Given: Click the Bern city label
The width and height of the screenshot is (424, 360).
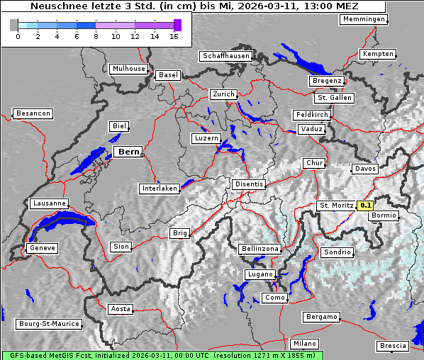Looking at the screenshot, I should click(128, 152).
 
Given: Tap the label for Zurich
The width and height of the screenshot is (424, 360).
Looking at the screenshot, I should click(223, 94).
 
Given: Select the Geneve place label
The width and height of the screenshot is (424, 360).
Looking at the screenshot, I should click(42, 248).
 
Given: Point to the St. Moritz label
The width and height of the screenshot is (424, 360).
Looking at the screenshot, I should click(337, 206).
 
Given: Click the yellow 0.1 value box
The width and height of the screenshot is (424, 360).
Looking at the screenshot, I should click(365, 206).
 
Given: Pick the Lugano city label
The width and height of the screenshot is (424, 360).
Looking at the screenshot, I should click(260, 274).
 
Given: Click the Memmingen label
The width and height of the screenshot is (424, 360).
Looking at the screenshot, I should click(364, 19).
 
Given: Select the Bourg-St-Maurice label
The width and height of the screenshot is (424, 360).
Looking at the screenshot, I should click(49, 324).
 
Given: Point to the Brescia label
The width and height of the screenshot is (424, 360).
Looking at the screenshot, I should click(393, 346).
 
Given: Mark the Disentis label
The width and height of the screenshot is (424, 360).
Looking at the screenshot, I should click(249, 184).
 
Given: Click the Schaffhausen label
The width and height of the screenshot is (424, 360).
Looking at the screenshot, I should click(226, 56).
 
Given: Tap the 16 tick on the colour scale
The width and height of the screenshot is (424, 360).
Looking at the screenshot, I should click(174, 35).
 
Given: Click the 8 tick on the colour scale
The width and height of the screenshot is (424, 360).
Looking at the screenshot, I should click(96, 35).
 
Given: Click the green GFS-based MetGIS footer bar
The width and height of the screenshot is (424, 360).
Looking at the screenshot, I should click(162, 355).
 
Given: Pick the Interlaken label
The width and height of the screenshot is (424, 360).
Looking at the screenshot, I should click(159, 189).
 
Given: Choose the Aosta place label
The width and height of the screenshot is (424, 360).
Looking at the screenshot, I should click(121, 309).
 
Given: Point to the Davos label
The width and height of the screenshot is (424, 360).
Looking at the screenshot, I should click(365, 169).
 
